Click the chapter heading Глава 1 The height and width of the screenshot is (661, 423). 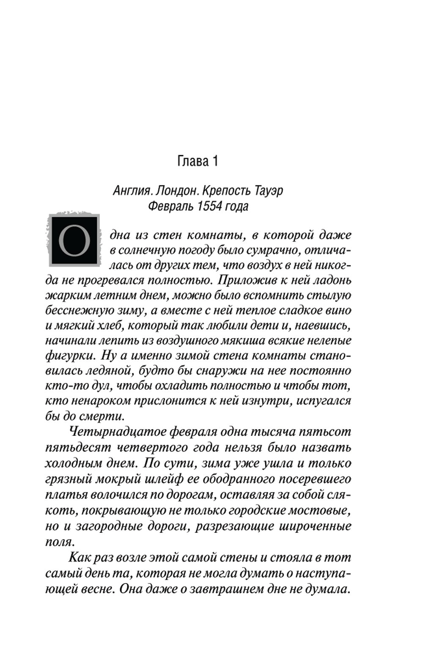(198, 161)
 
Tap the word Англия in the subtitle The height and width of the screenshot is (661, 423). (132, 191)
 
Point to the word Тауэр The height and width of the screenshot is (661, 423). (269, 191)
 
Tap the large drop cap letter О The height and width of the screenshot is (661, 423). (74, 241)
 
